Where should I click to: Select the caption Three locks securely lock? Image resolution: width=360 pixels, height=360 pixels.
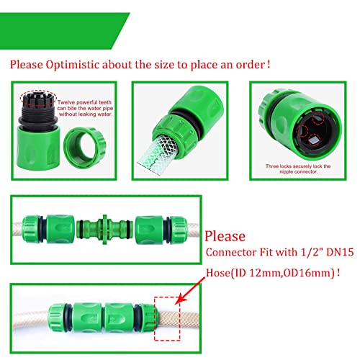pyautogui.click(x=302, y=168)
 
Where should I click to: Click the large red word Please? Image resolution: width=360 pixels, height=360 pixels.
pyautogui.click(x=225, y=237)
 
